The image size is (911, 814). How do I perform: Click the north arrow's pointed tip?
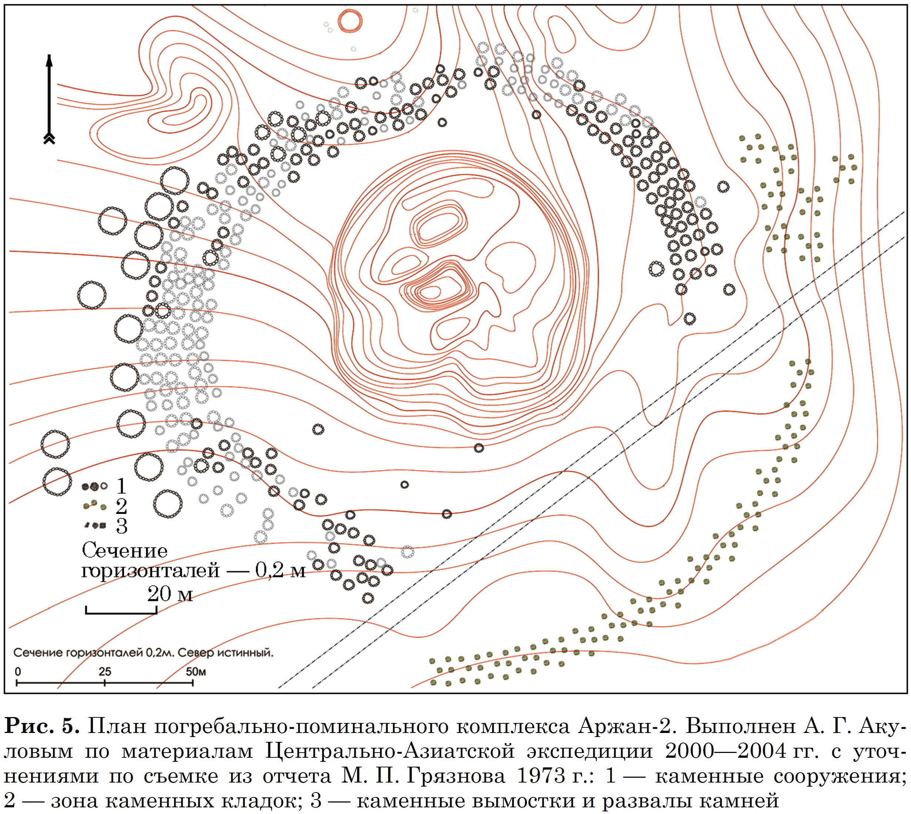pyautogui.click(x=49, y=55)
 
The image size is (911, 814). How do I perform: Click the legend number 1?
pyautogui.click(x=121, y=485)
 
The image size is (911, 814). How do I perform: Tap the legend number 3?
pyautogui.click(x=122, y=526)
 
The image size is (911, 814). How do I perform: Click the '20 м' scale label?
pyautogui.click(x=170, y=594)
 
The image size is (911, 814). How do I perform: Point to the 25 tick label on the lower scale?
pyautogui.click(x=105, y=671)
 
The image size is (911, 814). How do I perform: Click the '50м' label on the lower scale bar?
pyautogui.click(x=196, y=671)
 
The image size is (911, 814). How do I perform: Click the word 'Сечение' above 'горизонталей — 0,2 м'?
pyautogui.click(x=124, y=551)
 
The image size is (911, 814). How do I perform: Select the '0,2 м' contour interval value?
pyautogui.click(x=280, y=571)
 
